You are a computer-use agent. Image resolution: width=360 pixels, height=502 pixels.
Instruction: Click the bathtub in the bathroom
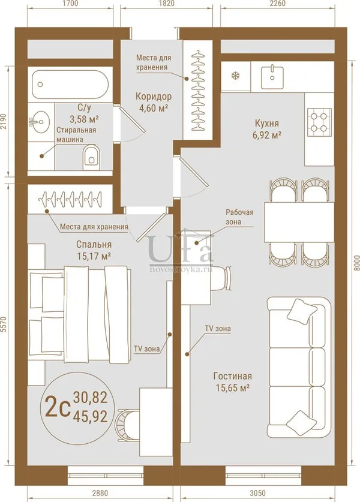70,84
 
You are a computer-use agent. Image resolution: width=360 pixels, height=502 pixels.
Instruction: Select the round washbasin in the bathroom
40,121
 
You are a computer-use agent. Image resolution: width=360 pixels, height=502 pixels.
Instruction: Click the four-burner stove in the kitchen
319,122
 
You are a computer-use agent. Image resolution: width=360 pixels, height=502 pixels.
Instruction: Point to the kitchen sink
272,77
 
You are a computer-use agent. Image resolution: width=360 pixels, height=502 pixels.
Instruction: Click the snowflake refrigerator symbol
236,76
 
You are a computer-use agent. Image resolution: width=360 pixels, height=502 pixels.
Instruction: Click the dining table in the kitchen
299,222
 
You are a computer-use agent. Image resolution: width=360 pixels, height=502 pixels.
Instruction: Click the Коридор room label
154,96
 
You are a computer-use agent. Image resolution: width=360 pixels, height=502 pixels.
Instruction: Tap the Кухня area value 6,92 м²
267,135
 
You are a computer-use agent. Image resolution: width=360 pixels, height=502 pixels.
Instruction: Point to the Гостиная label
233,376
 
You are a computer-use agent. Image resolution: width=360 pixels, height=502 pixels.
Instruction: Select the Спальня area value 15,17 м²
94,256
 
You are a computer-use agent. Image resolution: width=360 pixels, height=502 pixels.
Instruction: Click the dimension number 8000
355,263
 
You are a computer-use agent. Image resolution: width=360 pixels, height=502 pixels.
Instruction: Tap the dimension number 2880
100,493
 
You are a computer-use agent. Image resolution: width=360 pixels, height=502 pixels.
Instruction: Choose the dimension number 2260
277,4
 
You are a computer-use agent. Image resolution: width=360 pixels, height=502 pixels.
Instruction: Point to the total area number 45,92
90,416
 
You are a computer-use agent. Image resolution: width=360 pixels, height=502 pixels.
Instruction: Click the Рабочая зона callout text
239,217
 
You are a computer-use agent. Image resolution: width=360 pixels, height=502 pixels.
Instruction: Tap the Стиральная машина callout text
76,135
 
